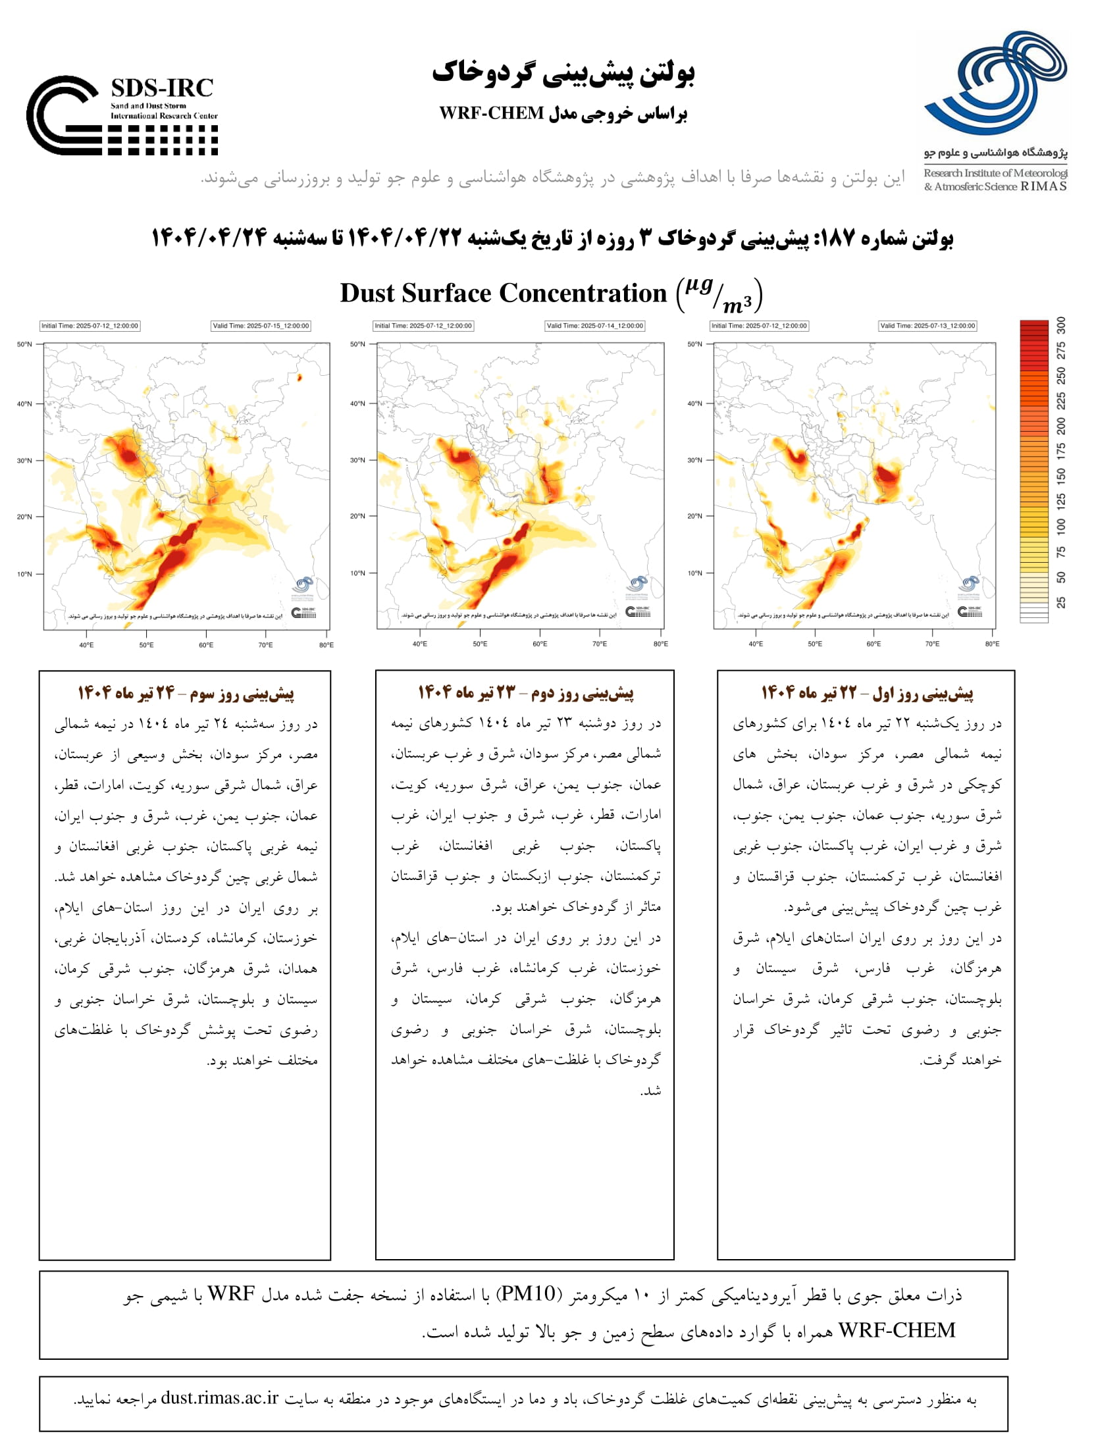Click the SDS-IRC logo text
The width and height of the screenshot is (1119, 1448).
pos(162,88)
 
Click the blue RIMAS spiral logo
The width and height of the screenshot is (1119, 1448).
pos(996,82)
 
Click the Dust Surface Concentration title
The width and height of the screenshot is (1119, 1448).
pos(502,293)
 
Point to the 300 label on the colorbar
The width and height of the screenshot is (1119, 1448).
pos(1061,326)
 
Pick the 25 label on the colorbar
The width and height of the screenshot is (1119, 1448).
pos(1061,602)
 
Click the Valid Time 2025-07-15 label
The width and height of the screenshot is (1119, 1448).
pos(261,326)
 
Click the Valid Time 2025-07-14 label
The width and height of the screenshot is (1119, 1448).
pos(594,326)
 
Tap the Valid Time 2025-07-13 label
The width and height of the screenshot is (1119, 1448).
pos(927,326)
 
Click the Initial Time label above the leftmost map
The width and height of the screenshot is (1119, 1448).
pos(90,326)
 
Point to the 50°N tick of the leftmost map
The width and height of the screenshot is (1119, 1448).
pos(24,344)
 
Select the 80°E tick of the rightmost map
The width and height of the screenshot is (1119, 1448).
pos(992,644)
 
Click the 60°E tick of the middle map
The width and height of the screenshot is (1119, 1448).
pos(540,644)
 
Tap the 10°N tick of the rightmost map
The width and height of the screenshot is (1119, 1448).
pos(694,573)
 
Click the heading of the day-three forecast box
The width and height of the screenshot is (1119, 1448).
pos(186,694)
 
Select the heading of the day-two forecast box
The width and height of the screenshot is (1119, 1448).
pos(525,693)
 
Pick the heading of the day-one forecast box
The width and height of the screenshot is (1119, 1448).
pos(866,693)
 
